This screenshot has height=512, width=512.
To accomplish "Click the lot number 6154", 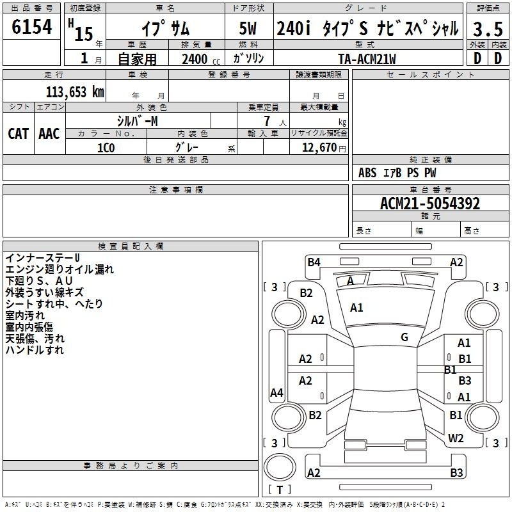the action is click(x=31, y=26).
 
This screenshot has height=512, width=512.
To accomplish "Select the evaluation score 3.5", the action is click(x=488, y=29).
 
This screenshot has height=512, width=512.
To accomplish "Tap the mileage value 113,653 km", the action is click(x=75, y=92).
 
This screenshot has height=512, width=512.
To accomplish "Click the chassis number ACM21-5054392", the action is click(x=430, y=204).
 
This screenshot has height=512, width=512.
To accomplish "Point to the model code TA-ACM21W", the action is click(x=367, y=59).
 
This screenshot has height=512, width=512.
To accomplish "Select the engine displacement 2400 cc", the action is click(x=201, y=60).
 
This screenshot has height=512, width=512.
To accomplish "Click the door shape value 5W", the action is click(x=248, y=28).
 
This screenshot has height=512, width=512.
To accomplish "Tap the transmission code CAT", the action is click(x=19, y=134).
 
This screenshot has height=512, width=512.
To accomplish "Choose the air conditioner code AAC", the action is click(x=49, y=134).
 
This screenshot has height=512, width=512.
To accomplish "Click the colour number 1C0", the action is click(x=106, y=148).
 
